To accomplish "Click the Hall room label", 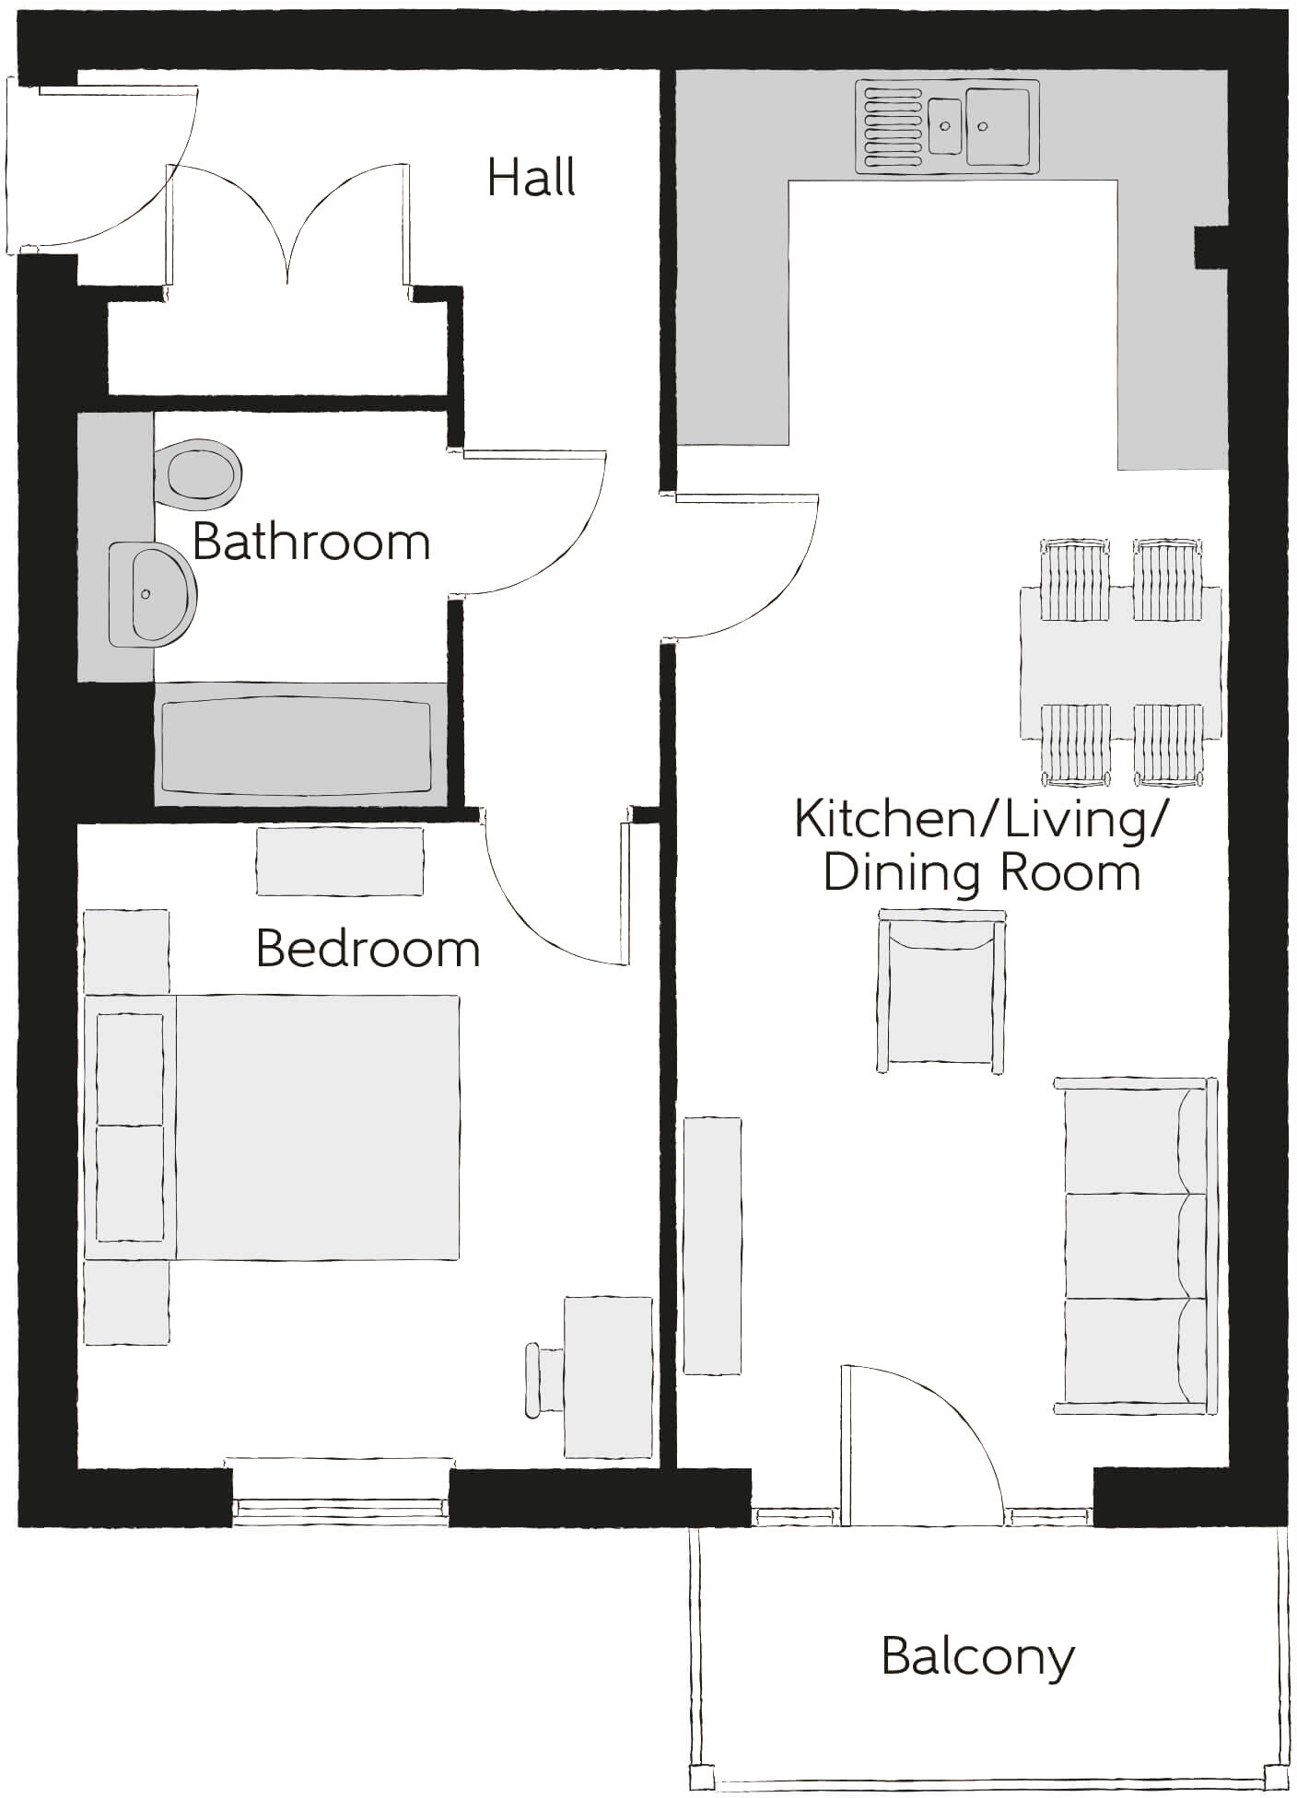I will click(x=532, y=177).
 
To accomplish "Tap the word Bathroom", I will click(x=311, y=542).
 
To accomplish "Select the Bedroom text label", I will click(x=368, y=949).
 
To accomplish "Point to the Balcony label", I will click(x=977, y=1656).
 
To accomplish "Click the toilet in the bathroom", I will click(x=197, y=474).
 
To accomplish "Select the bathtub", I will click(x=296, y=745).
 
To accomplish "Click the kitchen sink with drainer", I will click(x=946, y=126).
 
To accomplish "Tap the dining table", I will click(x=1120, y=662).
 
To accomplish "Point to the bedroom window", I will click(x=340, y=1508).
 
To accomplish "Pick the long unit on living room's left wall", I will click(x=712, y=1245).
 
